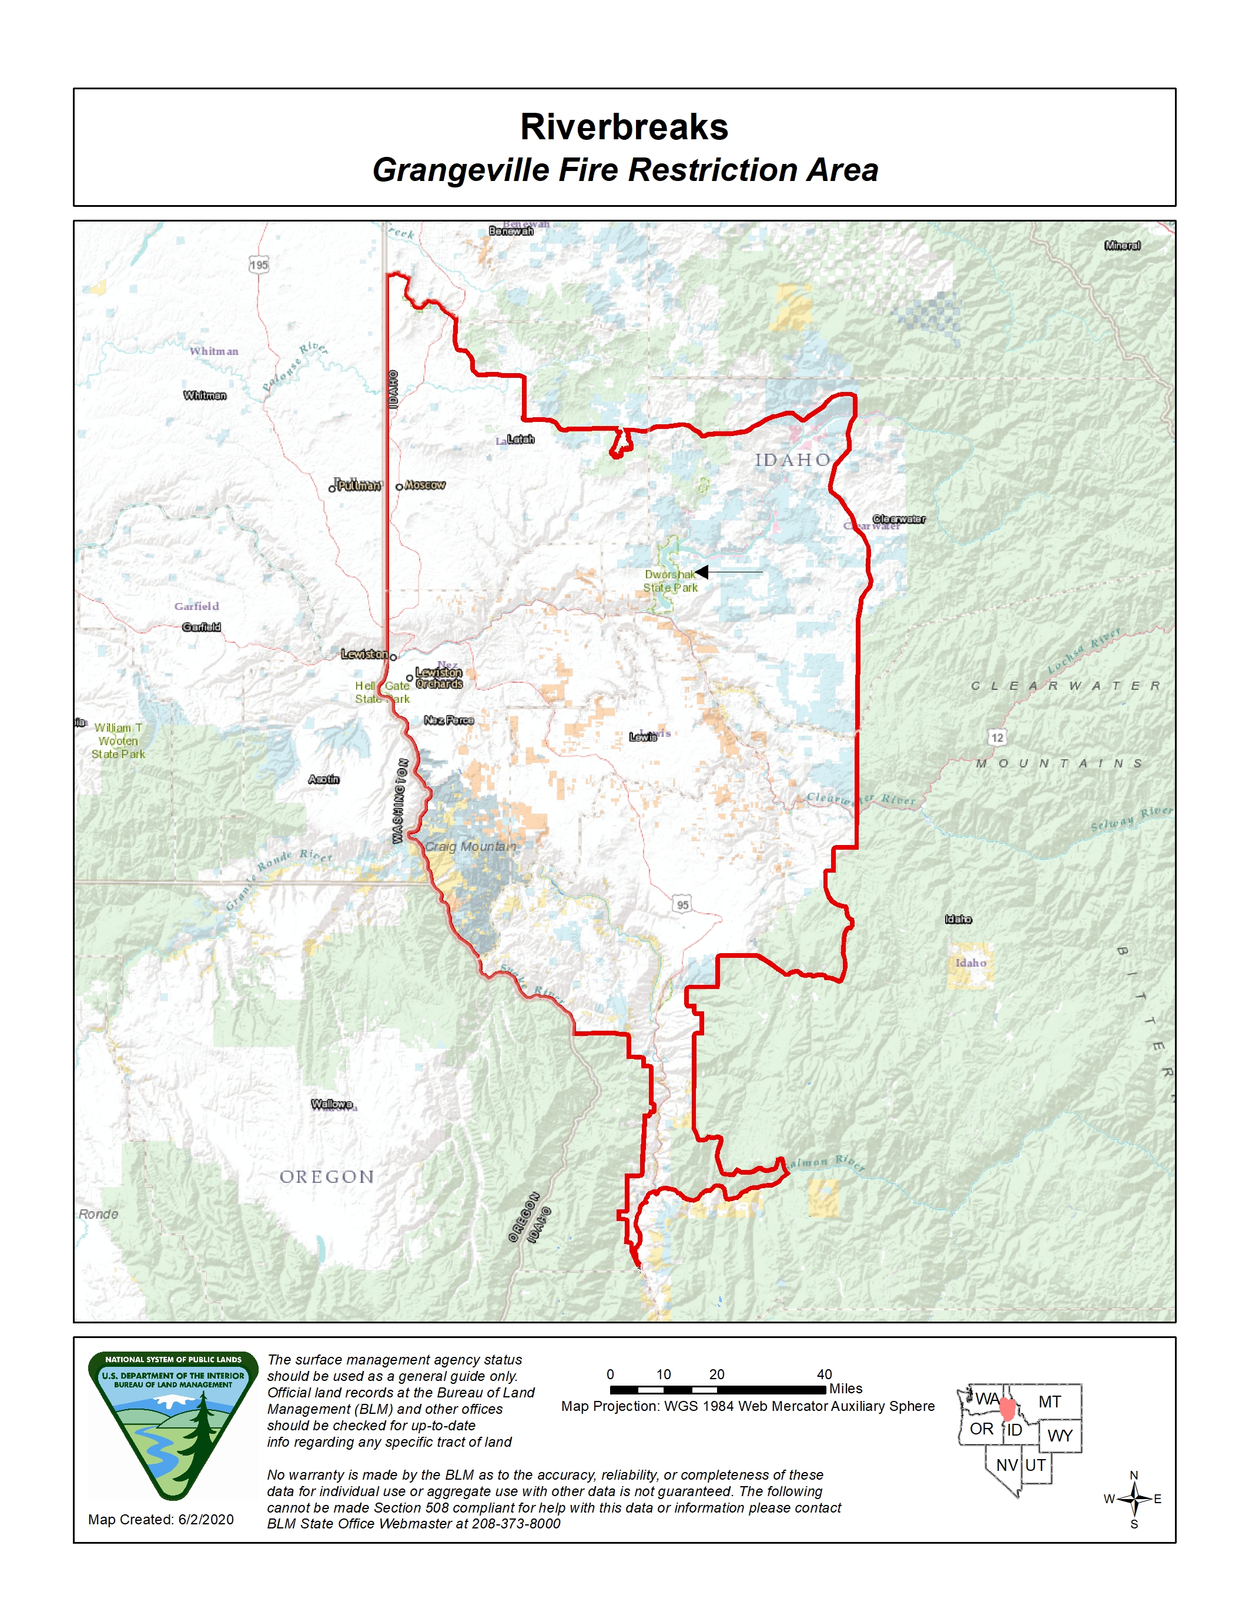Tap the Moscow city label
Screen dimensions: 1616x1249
pos(425,485)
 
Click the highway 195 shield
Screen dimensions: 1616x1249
pos(258,265)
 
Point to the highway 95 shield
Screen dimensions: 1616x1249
pos(682,904)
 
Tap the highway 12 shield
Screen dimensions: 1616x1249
pos(997,737)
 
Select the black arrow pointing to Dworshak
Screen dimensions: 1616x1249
pos(729,572)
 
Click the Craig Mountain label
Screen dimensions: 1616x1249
pos(470,846)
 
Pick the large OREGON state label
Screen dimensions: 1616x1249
pos(326,1176)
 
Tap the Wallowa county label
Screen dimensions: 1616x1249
pos(331,1104)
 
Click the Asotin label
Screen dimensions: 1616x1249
pos(323,779)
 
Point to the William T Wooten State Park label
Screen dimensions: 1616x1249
pos(118,740)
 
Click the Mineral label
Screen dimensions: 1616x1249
pos(1121,246)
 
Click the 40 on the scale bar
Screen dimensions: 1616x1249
pos(823,1374)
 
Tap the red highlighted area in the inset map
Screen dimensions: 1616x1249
pos(1007,1408)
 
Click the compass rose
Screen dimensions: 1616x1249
pos(1134,1499)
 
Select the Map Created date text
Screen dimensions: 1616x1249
pos(160,1519)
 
